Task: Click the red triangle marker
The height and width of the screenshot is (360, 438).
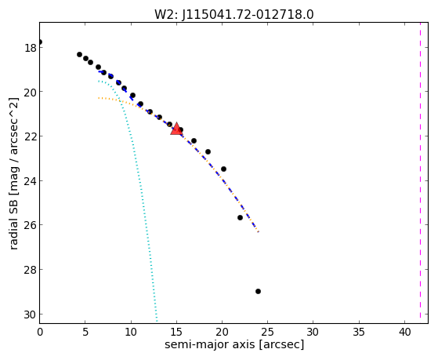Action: tap(176, 129)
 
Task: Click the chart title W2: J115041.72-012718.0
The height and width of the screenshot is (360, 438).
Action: tap(234, 15)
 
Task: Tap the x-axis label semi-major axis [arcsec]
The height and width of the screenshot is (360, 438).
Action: tap(234, 344)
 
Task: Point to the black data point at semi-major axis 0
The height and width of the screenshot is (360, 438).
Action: tap(40, 42)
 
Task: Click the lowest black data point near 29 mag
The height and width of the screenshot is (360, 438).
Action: tap(258, 292)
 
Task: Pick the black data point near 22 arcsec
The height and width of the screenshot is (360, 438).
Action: tap(240, 217)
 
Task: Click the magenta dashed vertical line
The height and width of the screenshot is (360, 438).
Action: tap(420, 173)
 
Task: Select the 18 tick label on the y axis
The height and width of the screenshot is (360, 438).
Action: tap(30, 48)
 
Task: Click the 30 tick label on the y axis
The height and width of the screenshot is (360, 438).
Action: tap(30, 315)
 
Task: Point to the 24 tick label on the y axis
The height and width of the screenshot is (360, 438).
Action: tap(30, 181)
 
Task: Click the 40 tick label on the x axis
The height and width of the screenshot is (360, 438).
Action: tap(405, 332)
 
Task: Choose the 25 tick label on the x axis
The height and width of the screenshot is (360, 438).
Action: tap(268, 332)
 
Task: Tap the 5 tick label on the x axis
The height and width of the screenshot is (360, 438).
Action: tap(85, 332)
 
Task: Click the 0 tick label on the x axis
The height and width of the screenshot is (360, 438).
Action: tap(40, 332)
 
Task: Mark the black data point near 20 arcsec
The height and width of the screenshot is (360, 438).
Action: tap(223, 169)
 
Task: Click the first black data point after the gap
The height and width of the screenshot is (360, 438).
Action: tap(80, 54)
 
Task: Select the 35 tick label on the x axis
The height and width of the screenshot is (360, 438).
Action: tap(359, 332)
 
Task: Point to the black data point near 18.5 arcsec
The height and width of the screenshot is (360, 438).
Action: tap(208, 151)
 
